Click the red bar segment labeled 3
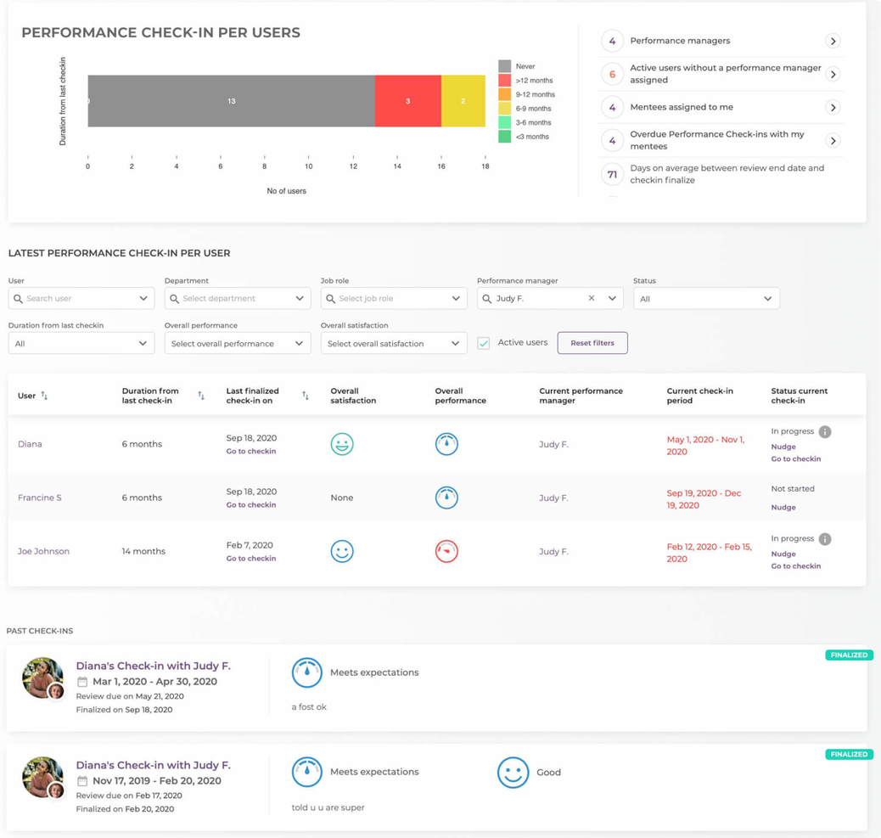click(x=407, y=101)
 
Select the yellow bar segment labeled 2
click(x=463, y=101)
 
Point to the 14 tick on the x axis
click(x=396, y=166)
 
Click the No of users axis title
click(x=286, y=191)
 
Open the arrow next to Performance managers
click(x=833, y=41)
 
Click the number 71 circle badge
click(x=612, y=174)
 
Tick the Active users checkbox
click(x=484, y=343)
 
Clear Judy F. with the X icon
click(x=592, y=298)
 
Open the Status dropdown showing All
click(x=705, y=299)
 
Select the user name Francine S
click(x=40, y=498)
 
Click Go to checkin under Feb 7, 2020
click(x=250, y=559)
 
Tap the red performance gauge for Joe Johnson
click(x=446, y=551)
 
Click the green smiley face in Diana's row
click(x=342, y=444)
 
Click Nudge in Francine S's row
click(x=783, y=508)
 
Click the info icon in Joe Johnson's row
click(x=824, y=539)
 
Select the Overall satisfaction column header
click(x=353, y=396)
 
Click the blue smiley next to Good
click(x=513, y=773)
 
